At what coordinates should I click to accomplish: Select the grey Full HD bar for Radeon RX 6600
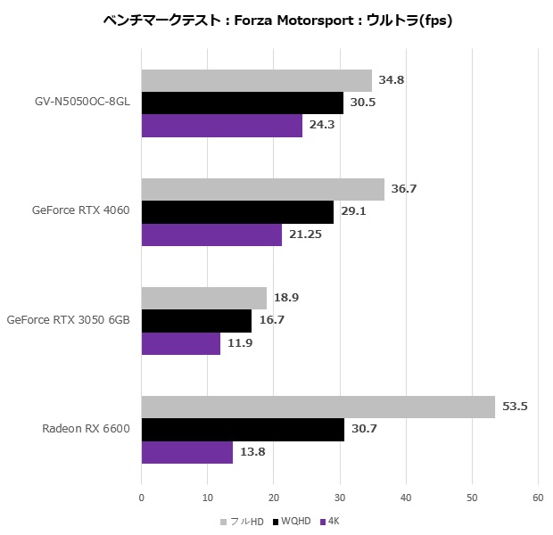coord(318,407)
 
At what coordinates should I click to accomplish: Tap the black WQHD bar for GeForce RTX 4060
coord(237,212)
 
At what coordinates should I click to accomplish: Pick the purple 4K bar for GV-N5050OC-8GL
coord(222,126)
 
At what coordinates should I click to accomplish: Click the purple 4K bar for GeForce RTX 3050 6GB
coord(181,343)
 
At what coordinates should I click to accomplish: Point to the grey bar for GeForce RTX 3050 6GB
coord(204,298)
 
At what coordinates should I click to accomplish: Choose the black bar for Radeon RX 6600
coord(243,430)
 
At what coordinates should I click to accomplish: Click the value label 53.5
coord(515,407)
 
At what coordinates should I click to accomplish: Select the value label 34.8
coord(392,80)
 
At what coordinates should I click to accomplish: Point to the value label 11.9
coord(240,343)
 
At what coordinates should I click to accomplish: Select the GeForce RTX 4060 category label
coord(81,211)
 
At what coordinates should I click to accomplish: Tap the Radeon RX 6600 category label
coord(86,429)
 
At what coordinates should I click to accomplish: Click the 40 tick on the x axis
coord(406,498)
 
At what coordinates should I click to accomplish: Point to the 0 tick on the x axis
coord(142,498)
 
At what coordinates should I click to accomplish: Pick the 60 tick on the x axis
coord(538,498)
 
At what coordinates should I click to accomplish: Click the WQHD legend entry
coord(293,521)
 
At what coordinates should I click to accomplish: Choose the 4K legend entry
coord(329,521)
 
